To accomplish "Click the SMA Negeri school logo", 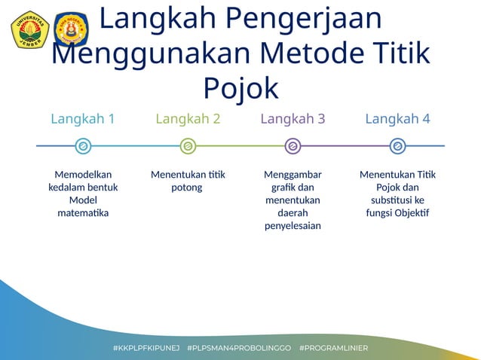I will click(71, 29).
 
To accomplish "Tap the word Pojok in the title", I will click(240, 87).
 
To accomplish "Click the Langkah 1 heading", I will click(83, 119).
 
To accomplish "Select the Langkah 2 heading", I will click(188, 119).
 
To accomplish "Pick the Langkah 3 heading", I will click(293, 119).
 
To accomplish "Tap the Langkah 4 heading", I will click(397, 119).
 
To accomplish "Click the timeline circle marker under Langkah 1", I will click(83, 146).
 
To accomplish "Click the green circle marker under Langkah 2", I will click(188, 146).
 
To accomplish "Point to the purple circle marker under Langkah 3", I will click(293, 146).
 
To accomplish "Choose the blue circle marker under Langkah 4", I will click(397, 146).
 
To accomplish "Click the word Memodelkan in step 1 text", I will click(83, 175).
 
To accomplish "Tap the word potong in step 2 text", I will click(187, 188).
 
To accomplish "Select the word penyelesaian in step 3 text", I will click(293, 226).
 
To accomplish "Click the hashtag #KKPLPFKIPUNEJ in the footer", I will click(146, 349).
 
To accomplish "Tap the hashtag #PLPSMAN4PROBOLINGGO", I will click(238, 349).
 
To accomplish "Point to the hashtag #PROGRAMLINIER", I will click(333, 349).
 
